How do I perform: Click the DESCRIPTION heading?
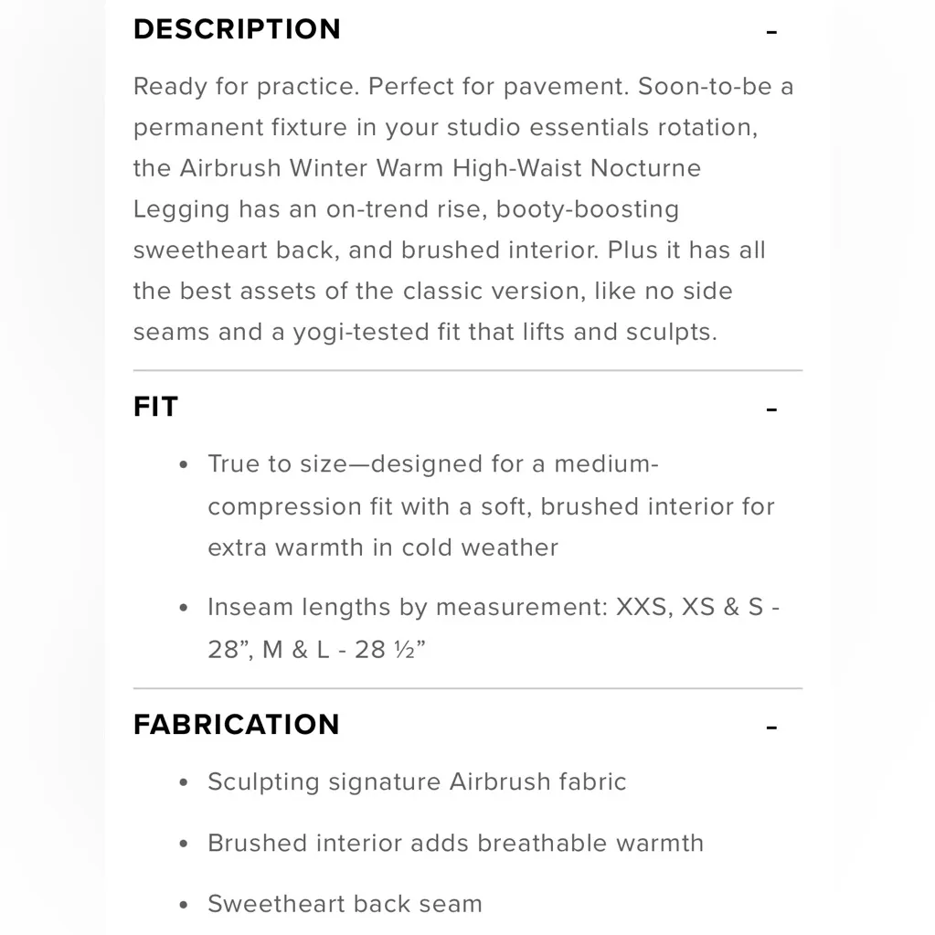pos(237,29)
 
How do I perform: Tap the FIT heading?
pos(155,407)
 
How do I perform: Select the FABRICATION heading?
pos(236,725)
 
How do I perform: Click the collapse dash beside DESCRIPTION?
pos(771,32)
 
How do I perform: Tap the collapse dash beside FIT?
pos(771,409)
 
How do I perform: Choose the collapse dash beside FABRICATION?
pos(771,728)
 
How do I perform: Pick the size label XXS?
pos(642,608)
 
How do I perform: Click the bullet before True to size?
pos(185,465)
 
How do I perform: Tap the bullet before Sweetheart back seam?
pos(185,905)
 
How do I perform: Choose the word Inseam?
pos(244,608)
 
